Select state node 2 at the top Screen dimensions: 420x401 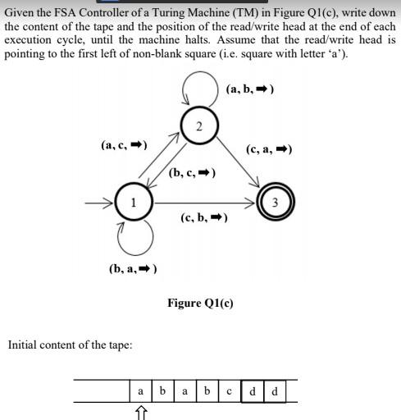(198, 125)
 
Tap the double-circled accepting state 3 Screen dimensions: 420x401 (275, 203)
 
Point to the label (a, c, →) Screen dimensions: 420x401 (123, 145)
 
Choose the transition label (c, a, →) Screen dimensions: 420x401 (269, 149)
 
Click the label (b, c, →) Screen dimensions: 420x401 (192, 173)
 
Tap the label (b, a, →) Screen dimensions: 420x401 (132, 268)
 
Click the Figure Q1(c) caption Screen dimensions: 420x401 (200, 303)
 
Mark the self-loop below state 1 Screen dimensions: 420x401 (134, 239)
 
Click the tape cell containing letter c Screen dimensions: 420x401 (229, 391)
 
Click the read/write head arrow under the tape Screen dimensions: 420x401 (140, 411)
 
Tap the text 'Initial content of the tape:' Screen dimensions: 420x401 (70, 345)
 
